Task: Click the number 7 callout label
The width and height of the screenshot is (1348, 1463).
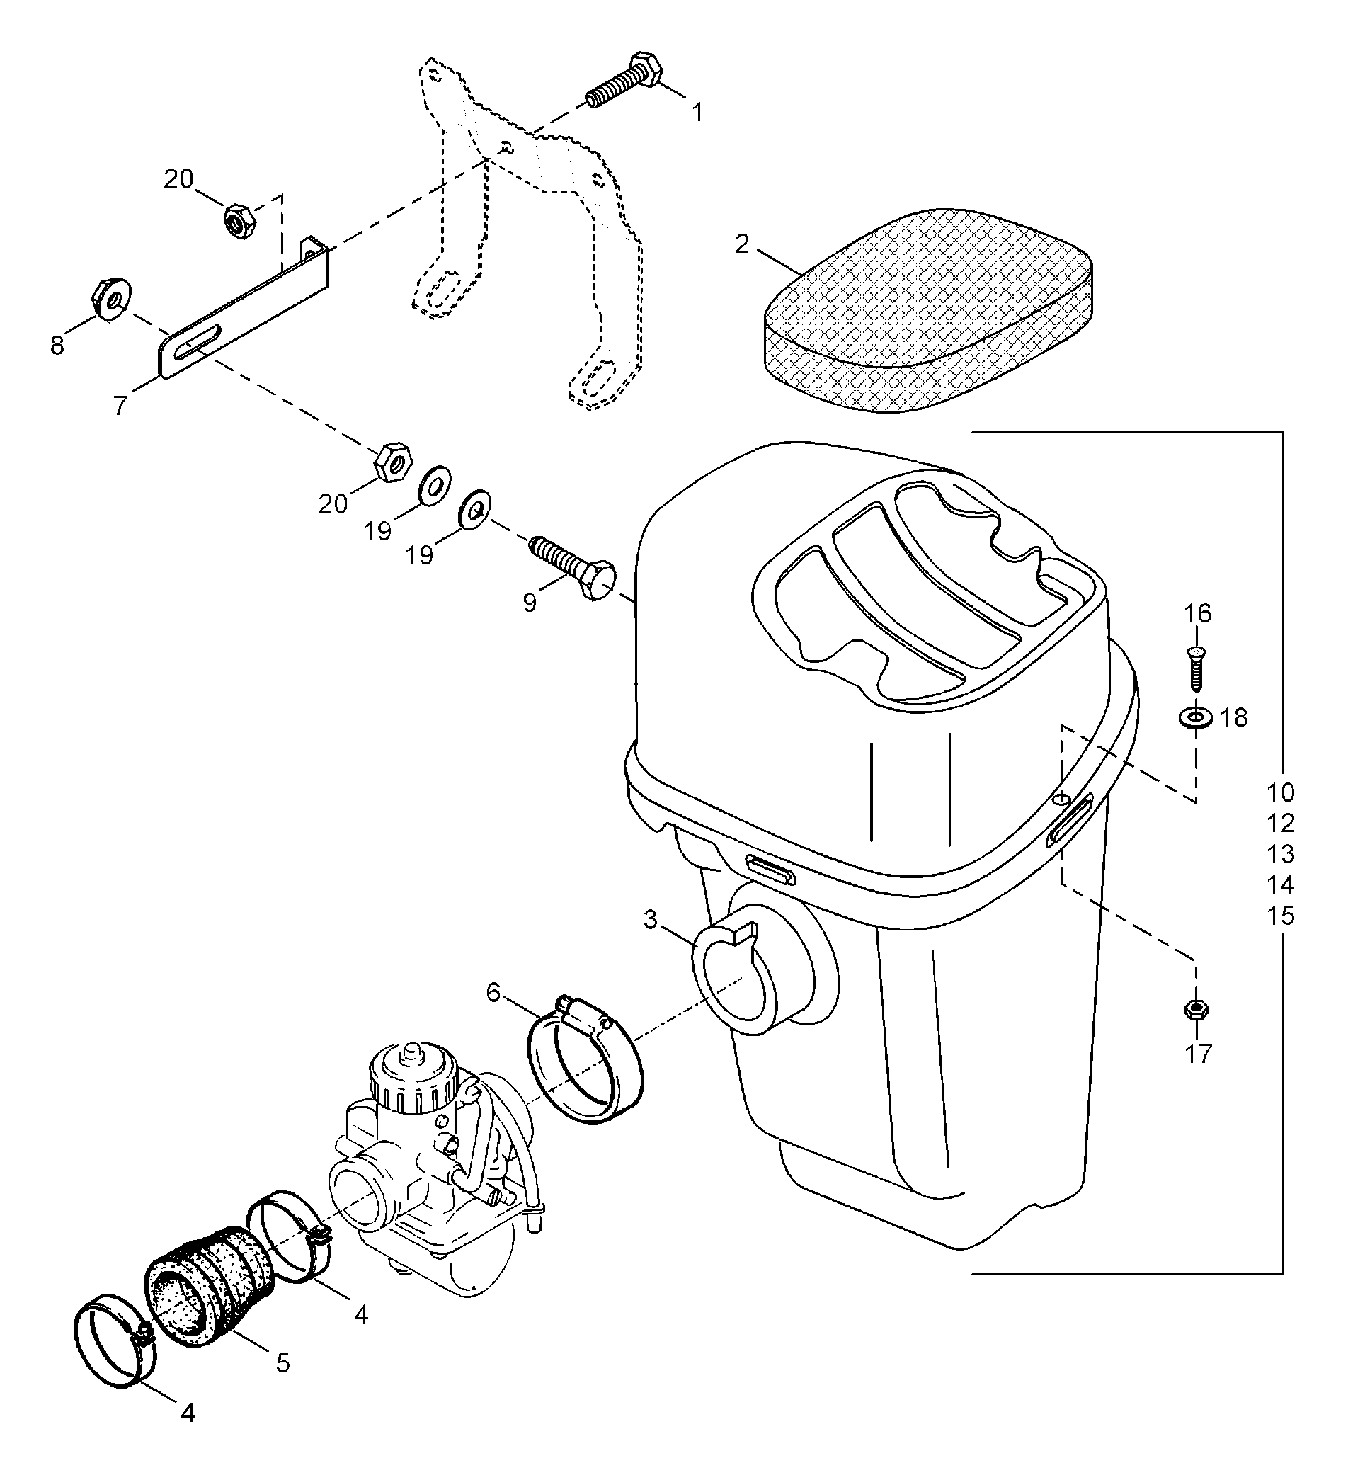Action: (121, 405)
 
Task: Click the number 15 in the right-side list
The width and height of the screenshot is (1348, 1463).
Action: (1280, 915)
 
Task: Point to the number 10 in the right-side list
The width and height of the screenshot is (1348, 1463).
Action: (1280, 792)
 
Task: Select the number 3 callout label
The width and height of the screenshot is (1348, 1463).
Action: (651, 920)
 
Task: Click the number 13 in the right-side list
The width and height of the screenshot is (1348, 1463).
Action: (1280, 854)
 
